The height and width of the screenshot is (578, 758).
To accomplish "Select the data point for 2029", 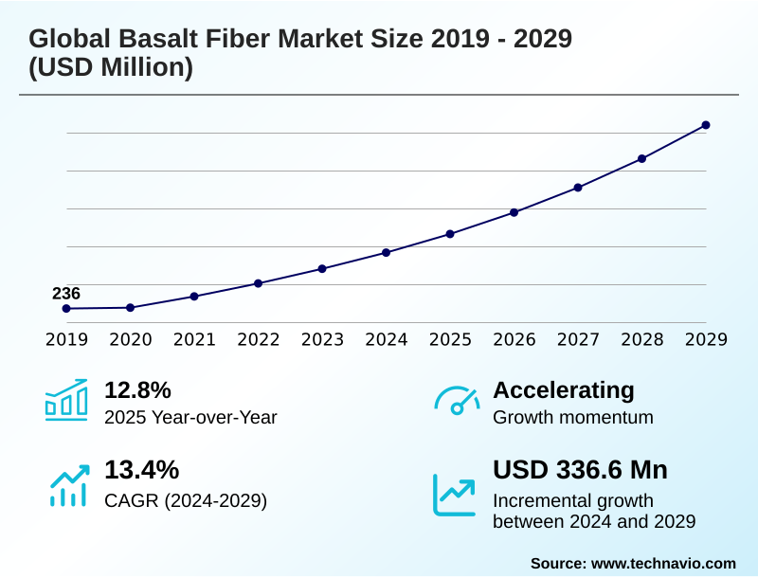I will coord(706,125).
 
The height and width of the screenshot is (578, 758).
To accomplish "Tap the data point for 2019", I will coord(66,309).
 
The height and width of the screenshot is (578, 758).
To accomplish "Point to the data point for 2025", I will coord(450,234).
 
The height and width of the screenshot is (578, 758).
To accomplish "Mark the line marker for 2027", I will coord(578,188).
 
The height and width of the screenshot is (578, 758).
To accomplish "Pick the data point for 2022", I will coord(258,283).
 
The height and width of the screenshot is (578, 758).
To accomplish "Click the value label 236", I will coord(66,293).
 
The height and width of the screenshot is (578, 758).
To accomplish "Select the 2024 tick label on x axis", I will coord(386,339).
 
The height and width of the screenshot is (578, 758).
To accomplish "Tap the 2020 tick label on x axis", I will coord(130,339).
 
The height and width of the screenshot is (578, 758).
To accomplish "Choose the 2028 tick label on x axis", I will coord(641,339).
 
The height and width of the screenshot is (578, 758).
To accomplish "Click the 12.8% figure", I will coord(137,390).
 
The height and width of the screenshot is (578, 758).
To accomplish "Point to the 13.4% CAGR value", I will coord(141,470).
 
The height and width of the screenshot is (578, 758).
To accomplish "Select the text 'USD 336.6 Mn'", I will coord(580,470).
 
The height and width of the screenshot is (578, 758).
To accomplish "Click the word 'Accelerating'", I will coord(564,390).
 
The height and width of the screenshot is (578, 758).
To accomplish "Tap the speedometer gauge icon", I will coord(456,401).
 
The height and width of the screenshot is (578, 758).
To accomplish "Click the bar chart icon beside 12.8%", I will coord(66,400).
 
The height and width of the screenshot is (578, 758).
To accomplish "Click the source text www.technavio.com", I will coord(663,563).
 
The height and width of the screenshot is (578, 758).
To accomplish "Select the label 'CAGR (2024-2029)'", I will coord(186,500).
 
